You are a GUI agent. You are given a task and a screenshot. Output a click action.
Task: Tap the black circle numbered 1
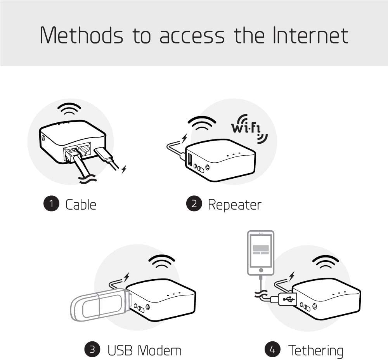(x=51, y=204)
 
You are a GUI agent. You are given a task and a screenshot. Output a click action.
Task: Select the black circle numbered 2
(x=194, y=204)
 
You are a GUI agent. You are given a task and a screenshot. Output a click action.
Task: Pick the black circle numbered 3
(x=92, y=350)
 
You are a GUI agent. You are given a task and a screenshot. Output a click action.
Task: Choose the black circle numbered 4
(x=272, y=350)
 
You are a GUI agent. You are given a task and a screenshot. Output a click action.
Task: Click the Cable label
(x=81, y=204)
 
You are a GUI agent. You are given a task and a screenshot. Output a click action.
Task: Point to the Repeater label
(x=234, y=204)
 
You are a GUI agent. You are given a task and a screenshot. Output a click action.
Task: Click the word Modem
(x=159, y=350)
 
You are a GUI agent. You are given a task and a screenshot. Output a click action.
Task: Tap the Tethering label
(x=315, y=350)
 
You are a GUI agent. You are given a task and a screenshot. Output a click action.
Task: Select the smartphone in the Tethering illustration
(x=261, y=252)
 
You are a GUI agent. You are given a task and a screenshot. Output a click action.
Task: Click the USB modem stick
(x=99, y=305)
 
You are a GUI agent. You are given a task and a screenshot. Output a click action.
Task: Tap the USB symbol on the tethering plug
(x=288, y=299)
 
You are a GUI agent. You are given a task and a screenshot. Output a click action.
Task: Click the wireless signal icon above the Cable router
(x=69, y=109)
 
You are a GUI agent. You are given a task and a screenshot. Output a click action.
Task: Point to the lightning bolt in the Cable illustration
(x=124, y=169)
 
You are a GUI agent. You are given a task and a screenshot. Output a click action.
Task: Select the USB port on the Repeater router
(x=190, y=160)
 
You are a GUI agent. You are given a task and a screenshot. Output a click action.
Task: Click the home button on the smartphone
(x=261, y=270)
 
